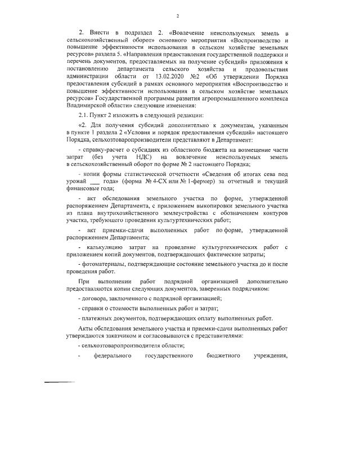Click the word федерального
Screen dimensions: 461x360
pyautogui.click(x=112, y=356)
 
